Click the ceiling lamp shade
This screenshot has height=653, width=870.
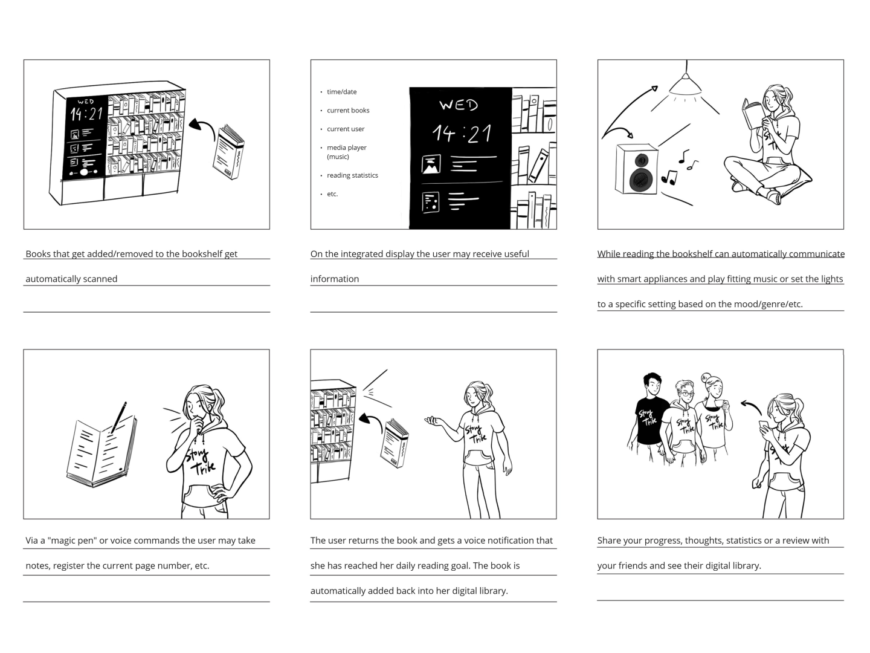(x=685, y=85)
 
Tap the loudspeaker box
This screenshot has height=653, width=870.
(x=637, y=169)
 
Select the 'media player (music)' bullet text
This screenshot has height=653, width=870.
(x=346, y=152)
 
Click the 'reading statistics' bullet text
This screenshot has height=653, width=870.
(x=352, y=175)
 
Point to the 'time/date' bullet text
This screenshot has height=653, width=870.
(x=342, y=91)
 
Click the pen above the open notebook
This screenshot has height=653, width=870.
(x=119, y=417)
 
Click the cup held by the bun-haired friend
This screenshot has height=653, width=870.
(x=719, y=404)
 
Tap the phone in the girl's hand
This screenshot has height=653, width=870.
(x=764, y=424)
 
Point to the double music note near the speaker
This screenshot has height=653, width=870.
(x=669, y=177)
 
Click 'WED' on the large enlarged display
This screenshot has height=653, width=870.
(x=459, y=105)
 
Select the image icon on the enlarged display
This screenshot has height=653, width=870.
(x=431, y=164)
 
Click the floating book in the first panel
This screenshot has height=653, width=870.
(x=228, y=151)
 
